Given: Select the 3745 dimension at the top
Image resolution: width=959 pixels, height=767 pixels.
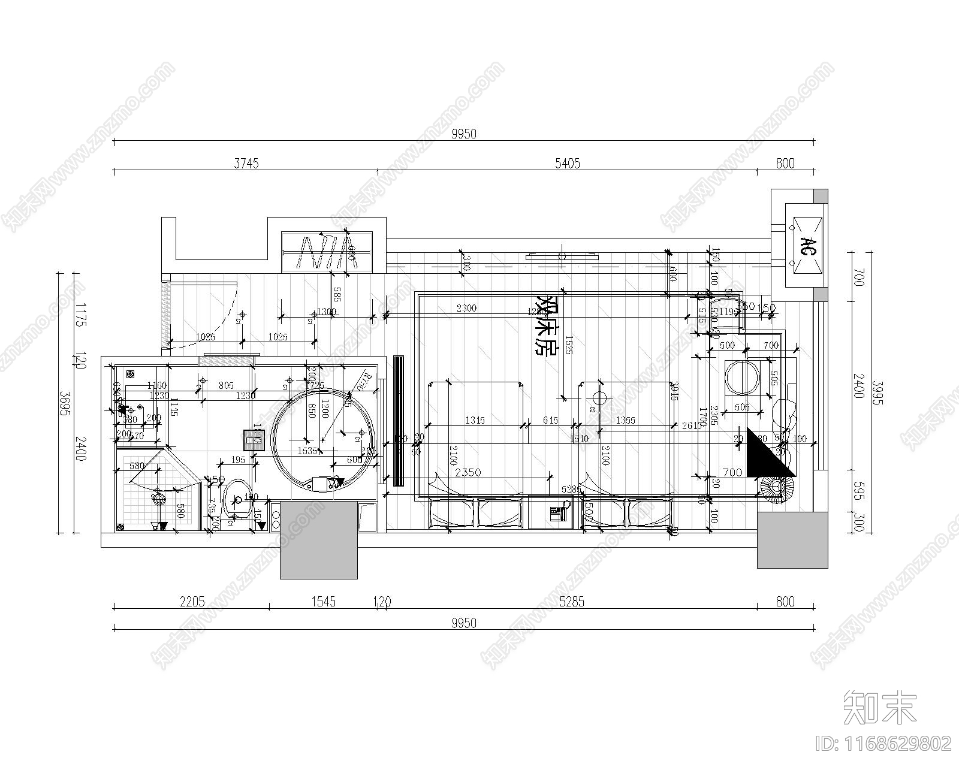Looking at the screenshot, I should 246,164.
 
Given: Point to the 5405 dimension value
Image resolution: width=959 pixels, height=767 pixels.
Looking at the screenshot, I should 567,164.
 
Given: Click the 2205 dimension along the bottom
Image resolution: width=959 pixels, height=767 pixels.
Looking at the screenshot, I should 192,601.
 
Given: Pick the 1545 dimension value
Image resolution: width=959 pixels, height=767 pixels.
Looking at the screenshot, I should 323,601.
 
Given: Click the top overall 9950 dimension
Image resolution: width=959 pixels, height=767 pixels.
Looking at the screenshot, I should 463,134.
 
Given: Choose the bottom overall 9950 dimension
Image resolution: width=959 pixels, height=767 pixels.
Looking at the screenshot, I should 463,623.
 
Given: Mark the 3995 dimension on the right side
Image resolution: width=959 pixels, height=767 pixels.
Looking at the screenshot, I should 877,392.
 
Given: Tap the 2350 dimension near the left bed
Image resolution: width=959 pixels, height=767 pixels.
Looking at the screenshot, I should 468,472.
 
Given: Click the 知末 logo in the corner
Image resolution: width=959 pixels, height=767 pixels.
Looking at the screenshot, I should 880,707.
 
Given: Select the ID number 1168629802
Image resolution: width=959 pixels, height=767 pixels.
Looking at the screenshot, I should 884,744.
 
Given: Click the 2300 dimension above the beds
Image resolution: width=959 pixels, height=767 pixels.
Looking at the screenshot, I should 466,308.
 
